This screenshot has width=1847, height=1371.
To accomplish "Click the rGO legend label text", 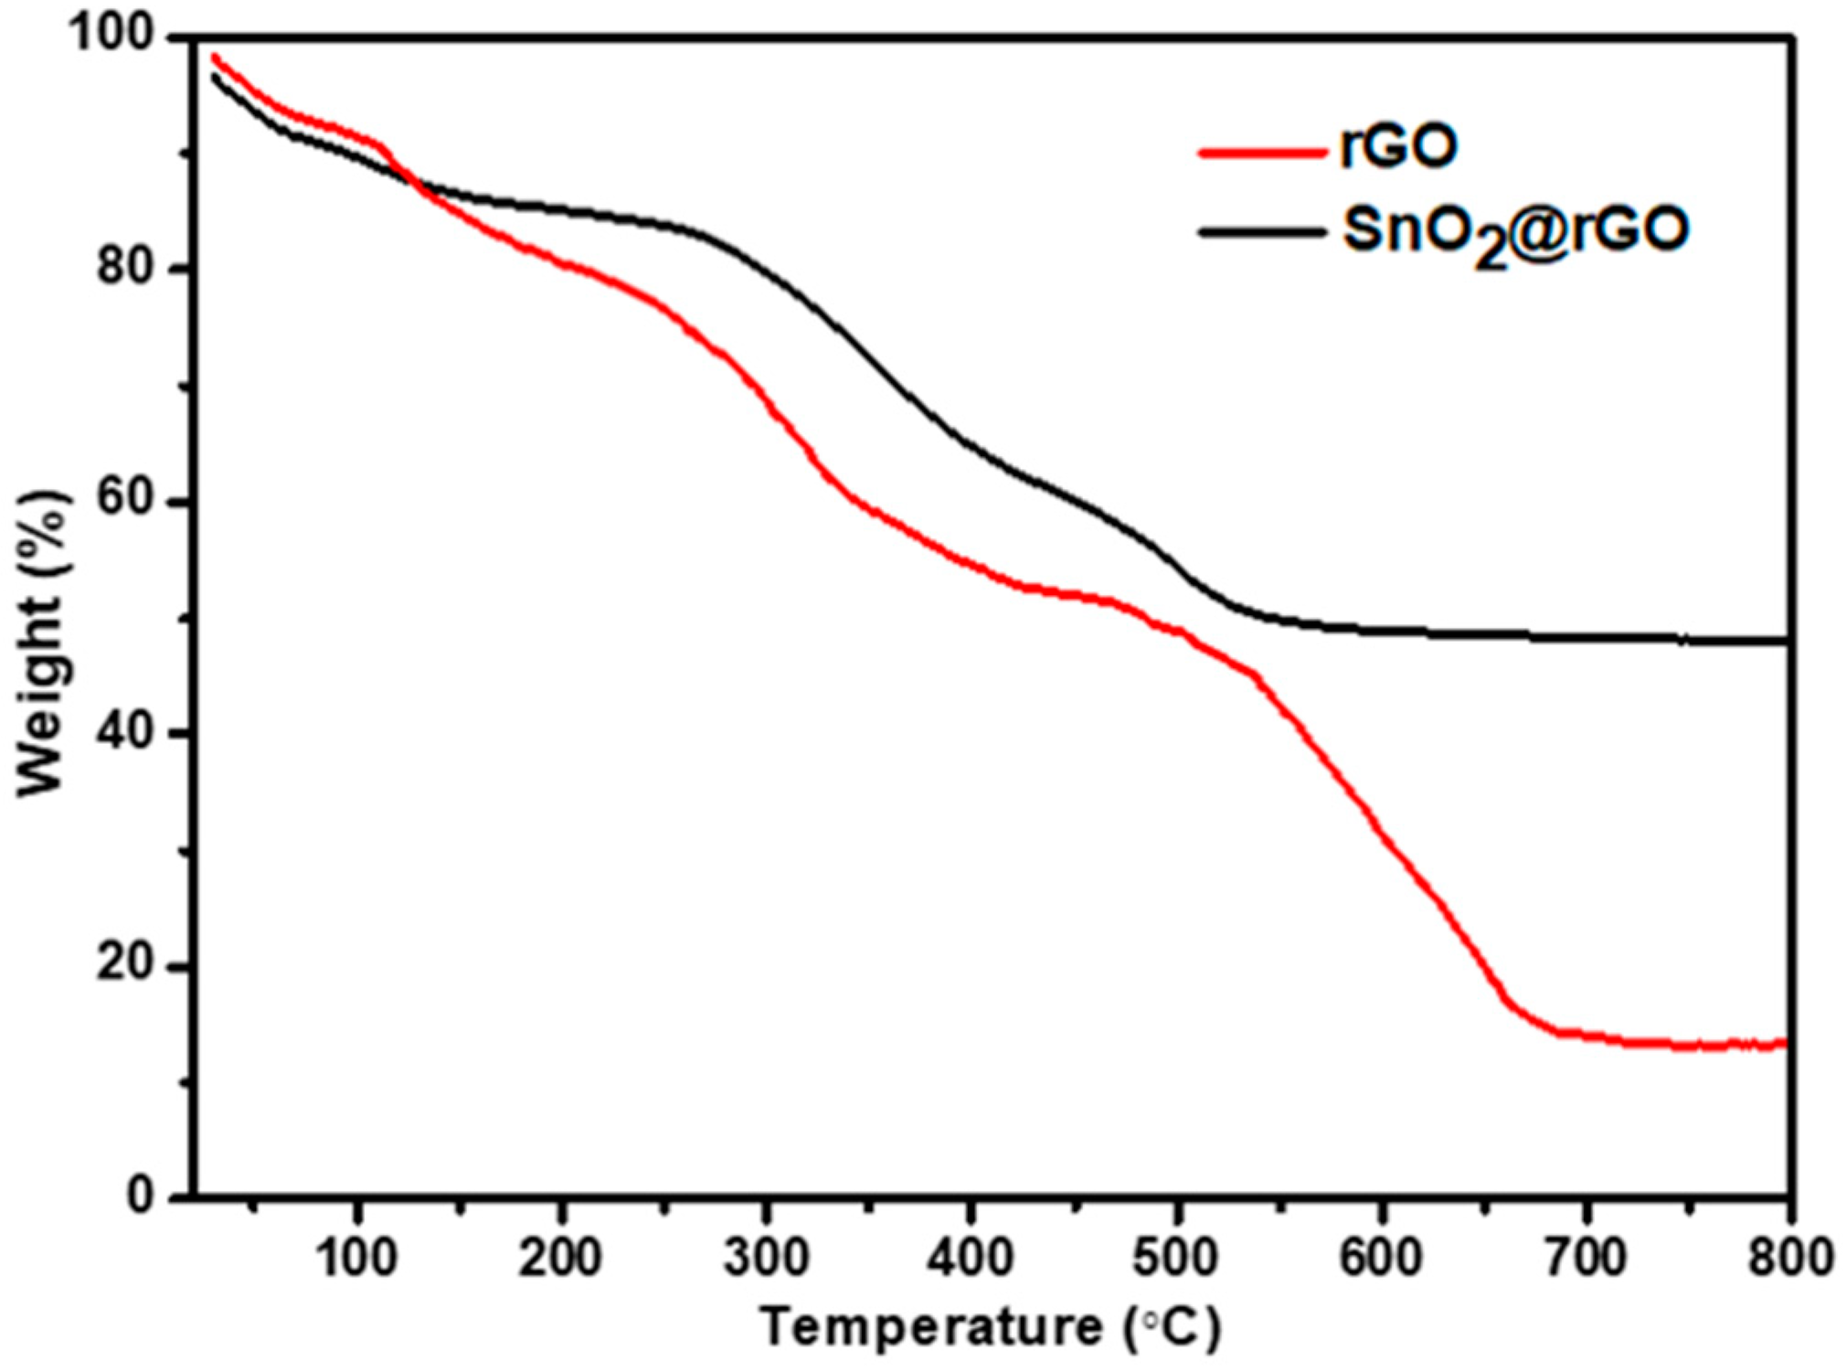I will (x=1397, y=147).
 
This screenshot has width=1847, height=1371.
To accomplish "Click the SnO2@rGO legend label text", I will (x=1514, y=232).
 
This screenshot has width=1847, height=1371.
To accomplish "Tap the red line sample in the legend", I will (x=1260, y=152).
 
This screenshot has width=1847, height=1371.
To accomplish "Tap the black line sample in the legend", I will (x=1260, y=232).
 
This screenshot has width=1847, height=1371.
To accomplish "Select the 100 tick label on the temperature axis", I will (x=356, y=1258).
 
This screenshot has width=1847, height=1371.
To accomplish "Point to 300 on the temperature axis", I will (x=766, y=1258).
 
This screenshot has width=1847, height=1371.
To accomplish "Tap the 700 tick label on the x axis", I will (x=1585, y=1258).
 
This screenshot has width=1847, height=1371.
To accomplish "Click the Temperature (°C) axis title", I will (x=991, y=1327).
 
